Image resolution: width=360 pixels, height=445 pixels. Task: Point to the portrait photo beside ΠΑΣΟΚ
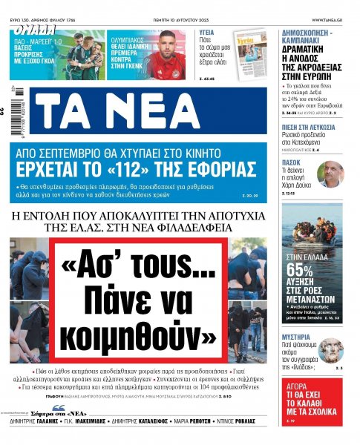[330, 175]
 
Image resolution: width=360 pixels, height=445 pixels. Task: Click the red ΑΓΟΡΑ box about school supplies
[312, 401]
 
